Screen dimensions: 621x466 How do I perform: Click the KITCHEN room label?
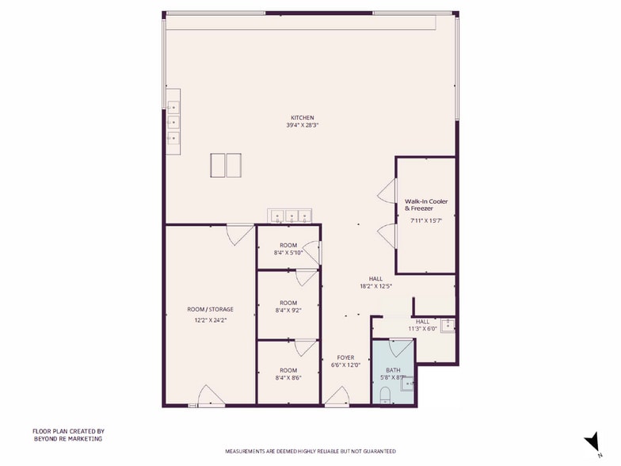(x=303, y=117)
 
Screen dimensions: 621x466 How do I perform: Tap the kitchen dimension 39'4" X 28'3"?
(x=303, y=125)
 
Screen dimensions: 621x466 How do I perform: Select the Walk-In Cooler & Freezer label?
(x=426, y=204)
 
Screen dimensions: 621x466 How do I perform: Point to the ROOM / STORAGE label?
(x=211, y=309)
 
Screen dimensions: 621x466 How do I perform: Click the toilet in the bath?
(x=385, y=395)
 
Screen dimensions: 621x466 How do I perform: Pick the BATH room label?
(x=393, y=371)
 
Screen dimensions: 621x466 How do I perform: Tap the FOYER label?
(x=345, y=358)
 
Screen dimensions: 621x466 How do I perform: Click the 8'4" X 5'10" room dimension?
(x=288, y=253)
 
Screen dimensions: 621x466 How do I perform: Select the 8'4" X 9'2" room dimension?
(x=288, y=311)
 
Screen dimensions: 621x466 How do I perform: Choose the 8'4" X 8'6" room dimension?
(x=288, y=378)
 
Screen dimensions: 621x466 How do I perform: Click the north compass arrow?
(x=592, y=441)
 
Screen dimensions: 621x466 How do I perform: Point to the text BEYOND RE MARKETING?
(x=68, y=439)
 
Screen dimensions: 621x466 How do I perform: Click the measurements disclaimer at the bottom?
(x=310, y=452)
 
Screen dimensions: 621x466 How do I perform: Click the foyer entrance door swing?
(x=337, y=396)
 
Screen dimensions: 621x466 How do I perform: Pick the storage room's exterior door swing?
(x=211, y=395)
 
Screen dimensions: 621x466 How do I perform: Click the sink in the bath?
(x=407, y=384)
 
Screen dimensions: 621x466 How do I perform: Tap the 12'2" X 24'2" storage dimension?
(x=211, y=320)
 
